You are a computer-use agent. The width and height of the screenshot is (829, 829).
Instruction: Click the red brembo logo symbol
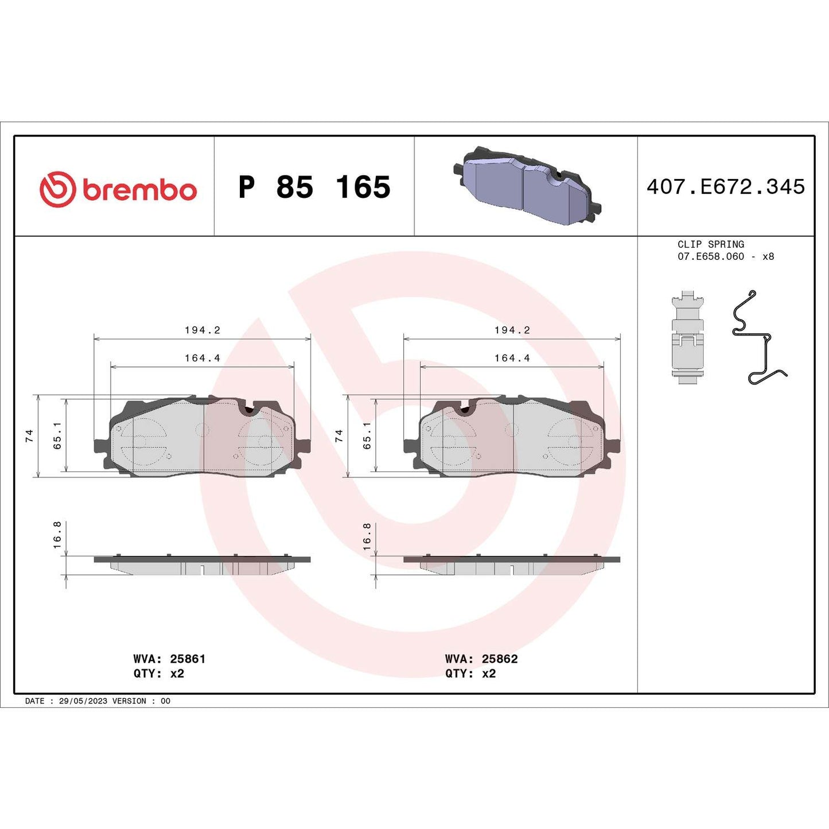pos(57,189)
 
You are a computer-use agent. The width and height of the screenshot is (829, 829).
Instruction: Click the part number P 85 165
pos(314,188)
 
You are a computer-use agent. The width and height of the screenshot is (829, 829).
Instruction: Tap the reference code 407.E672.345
pos(726,187)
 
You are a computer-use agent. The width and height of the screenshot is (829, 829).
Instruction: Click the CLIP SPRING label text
pos(711,244)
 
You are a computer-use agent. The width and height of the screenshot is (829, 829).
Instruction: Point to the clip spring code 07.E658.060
pos(711,256)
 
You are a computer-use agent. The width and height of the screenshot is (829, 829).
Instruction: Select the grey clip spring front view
pos(687,338)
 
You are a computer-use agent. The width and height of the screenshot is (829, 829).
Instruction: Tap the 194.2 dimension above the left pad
pos(202,330)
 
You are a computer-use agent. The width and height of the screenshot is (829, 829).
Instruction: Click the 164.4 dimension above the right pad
pos(512,358)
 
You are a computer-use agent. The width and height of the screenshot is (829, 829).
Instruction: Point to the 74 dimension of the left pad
pos(29,435)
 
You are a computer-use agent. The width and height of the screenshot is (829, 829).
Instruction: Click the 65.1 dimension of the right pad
pos(367,435)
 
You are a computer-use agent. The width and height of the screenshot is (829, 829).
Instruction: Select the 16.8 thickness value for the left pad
pos(57,535)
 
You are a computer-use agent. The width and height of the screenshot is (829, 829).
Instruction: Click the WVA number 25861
pos(188,659)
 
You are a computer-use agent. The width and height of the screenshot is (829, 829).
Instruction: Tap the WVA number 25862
pos(500,659)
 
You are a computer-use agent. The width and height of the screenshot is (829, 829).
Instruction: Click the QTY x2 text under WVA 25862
pos(470,674)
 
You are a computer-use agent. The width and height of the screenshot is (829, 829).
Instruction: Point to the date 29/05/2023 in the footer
pos(83,701)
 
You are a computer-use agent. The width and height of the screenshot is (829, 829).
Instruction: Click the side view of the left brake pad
pos(202,565)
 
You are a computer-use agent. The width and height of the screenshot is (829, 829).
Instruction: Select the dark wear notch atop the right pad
pos(465,410)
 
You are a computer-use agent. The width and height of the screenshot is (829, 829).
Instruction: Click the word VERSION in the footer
pos(129,701)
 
